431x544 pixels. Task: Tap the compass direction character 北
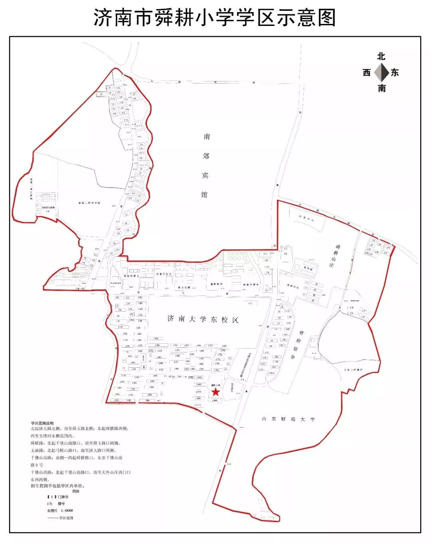[382, 57]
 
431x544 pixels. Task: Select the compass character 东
[395, 73]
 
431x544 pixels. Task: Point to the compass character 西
[367, 73]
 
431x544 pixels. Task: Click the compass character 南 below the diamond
[382, 88]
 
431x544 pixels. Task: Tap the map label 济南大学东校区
[203, 319]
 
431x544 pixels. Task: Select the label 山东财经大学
[288, 419]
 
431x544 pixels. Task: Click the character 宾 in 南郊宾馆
[206, 175]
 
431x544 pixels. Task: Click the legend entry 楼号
[61, 504]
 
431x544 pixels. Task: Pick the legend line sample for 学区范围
[53, 518]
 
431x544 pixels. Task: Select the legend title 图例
[76, 491]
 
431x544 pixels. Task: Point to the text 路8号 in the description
[37, 465]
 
